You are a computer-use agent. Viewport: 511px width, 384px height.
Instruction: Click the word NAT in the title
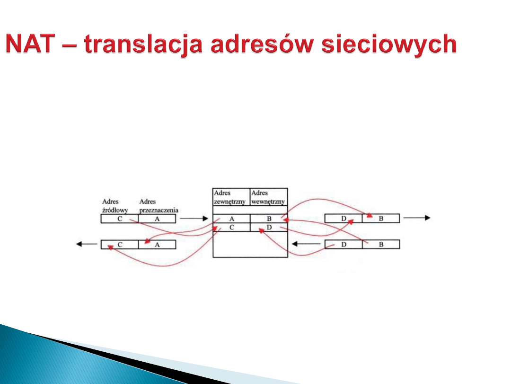coord(30,44)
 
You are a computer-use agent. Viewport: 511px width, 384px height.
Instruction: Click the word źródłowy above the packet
coord(115,210)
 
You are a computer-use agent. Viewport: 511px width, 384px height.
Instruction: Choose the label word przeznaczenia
coord(159,210)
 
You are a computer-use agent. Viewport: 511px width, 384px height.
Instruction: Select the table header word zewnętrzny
coord(229,201)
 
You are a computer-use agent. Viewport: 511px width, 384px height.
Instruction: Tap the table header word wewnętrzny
coord(268,201)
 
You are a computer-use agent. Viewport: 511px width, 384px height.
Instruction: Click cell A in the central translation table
coord(231,219)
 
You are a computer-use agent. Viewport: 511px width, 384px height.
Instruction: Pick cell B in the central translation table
coord(269,219)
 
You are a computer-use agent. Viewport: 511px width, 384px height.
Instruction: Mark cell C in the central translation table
coord(231,227)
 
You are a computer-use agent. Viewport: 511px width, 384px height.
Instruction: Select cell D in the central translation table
coord(269,227)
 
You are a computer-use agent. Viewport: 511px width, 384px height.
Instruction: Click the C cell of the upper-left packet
coord(120,219)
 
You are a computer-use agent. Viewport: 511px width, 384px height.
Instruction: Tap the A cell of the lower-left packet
coord(157,245)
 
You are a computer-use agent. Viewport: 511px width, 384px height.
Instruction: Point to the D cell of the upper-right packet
coord(344,219)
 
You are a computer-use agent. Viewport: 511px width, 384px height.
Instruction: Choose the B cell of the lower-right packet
coord(381,244)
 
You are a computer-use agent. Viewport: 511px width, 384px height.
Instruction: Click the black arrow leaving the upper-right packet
coord(417,218)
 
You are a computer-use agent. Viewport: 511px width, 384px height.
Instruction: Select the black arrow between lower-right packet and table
coord(306,244)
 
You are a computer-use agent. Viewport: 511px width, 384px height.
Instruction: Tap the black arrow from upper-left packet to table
coord(194,219)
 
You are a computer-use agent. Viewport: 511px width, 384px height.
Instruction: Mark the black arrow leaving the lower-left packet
coord(87,244)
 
